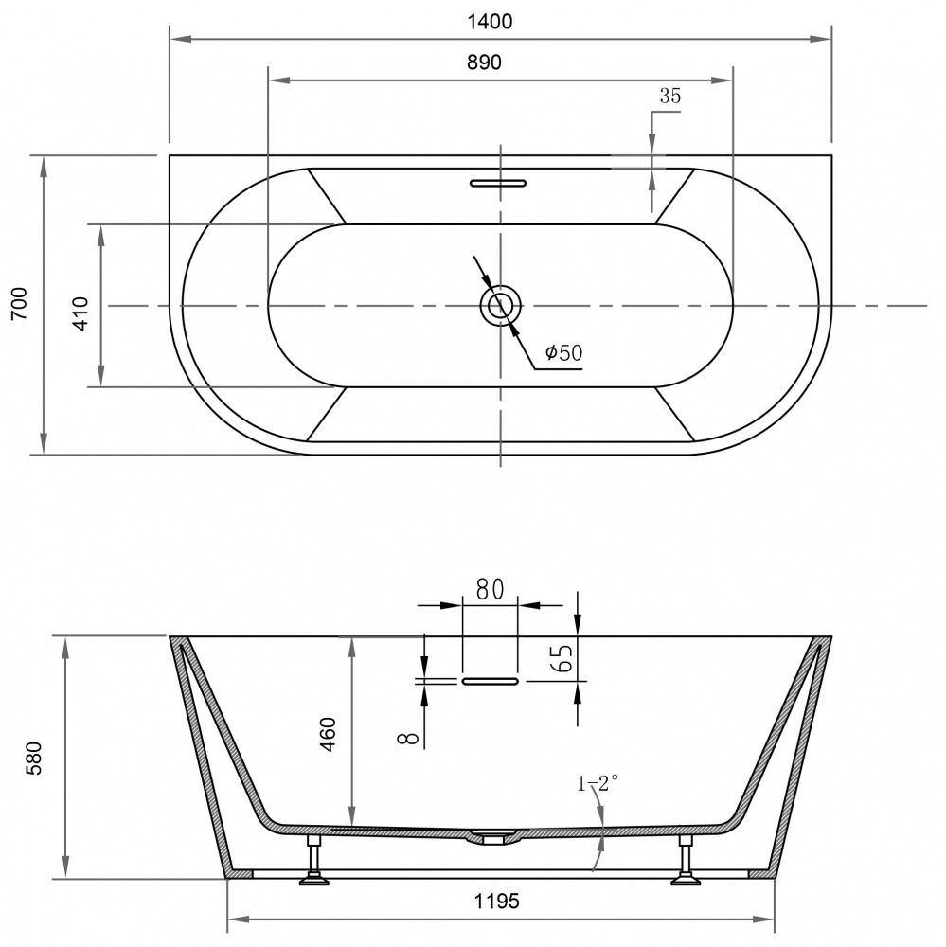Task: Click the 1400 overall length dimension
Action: pos(490,22)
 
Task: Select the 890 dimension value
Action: pos(484,63)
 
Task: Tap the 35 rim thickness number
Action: pos(669,96)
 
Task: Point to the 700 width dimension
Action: pos(20,303)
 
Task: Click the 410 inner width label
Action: pos(80,313)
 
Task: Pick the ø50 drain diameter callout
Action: pos(563,352)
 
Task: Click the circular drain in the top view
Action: pos(500,306)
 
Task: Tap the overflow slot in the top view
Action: pos(498,183)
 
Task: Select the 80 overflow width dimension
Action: pos(490,589)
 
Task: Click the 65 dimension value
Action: pos(562,658)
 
